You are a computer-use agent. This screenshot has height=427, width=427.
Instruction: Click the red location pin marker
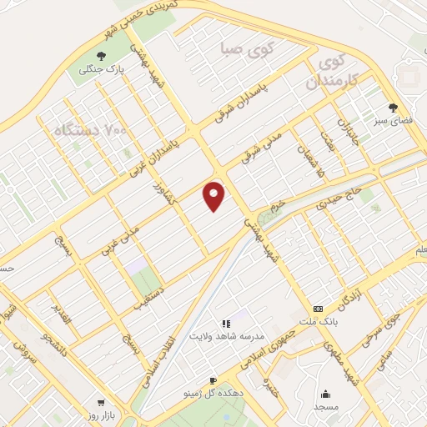[214, 195]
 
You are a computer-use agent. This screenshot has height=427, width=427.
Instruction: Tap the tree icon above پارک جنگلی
[98, 57]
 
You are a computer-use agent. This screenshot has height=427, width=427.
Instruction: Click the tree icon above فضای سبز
[393, 108]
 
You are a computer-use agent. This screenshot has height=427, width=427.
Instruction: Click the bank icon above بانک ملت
[317, 308]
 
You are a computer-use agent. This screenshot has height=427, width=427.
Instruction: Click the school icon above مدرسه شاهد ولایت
[225, 323]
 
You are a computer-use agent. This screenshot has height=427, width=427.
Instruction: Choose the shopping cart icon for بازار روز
[101, 401]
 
